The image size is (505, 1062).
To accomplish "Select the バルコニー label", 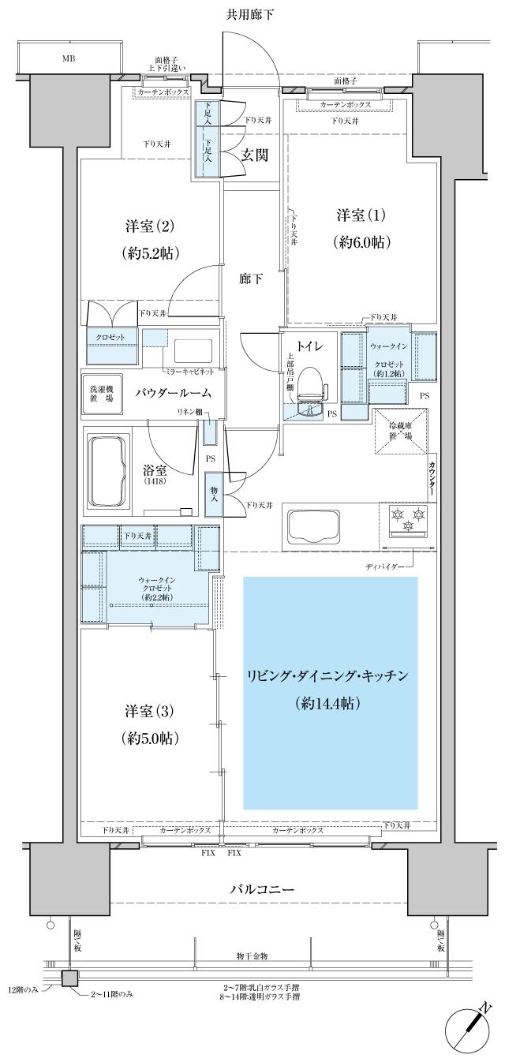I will point(262,889).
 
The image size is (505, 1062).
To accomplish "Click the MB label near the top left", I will point(69,58).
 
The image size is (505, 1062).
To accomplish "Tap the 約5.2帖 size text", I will point(150,252).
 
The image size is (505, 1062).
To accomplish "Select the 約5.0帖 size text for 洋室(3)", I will point(150,739).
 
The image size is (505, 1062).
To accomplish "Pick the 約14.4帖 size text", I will point(329,701).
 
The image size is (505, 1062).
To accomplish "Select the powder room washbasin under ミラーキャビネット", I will point(192,350).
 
